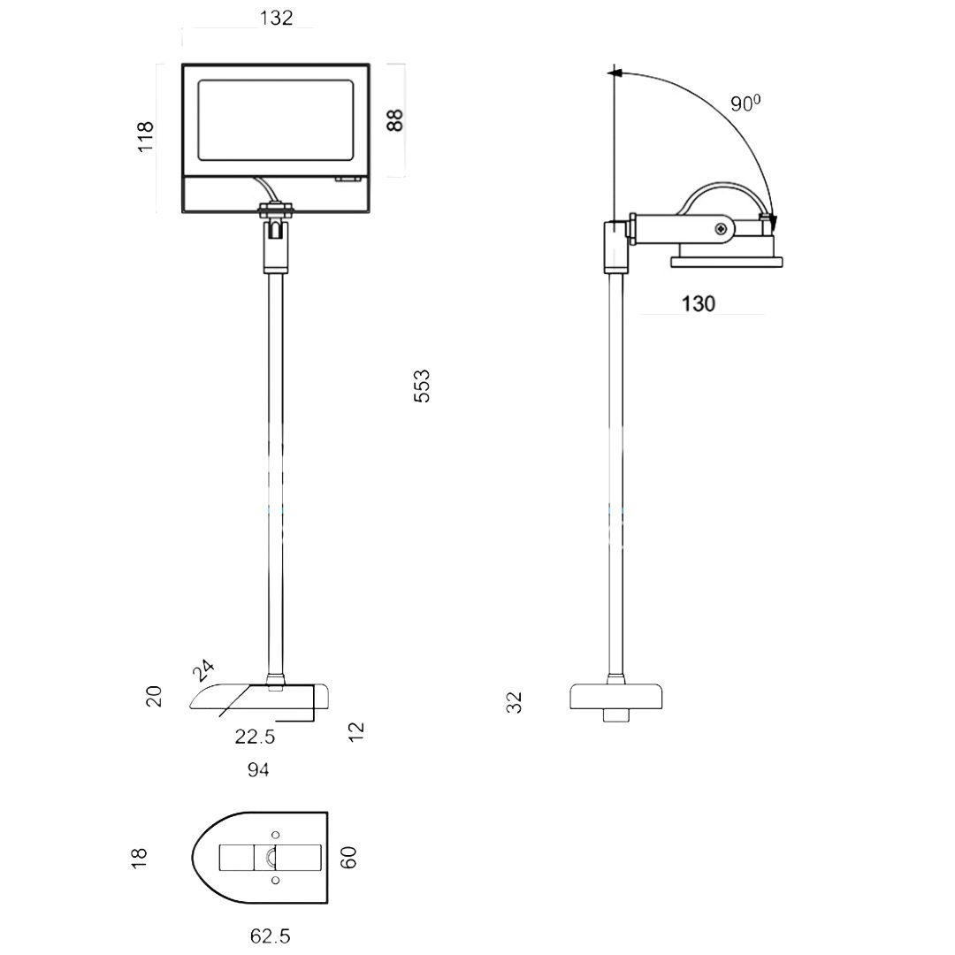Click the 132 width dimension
pos(276,18)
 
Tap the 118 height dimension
pos(146,137)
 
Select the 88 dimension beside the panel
pos(394,120)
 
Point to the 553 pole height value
pos(422,386)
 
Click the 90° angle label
pos(745,103)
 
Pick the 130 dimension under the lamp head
pos(698,303)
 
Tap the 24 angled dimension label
pos(203,670)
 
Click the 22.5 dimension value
pos(256,737)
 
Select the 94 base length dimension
pos(258,770)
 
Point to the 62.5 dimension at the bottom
pos(271,936)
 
